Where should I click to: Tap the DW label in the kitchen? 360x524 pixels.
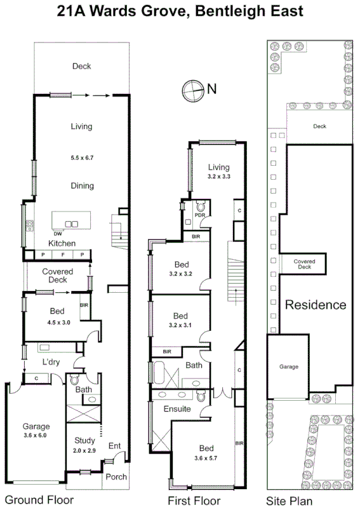point(57,233)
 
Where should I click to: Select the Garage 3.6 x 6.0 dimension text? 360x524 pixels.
point(36,436)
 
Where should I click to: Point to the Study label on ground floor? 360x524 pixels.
point(84,440)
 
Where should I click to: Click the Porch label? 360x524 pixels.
point(116,477)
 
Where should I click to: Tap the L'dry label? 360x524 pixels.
point(50,361)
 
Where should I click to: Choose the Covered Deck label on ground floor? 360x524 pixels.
point(58,276)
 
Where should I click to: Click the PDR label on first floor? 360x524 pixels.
point(199,215)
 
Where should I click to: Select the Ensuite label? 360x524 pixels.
point(177,408)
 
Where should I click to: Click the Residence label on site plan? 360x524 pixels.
point(316,305)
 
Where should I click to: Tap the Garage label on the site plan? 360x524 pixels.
point(289,366)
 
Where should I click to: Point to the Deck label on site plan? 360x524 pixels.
point(319,126)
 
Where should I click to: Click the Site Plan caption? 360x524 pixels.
point(289,501)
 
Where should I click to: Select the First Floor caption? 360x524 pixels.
point(194,501)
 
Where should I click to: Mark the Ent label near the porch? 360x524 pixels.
point(114,446)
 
